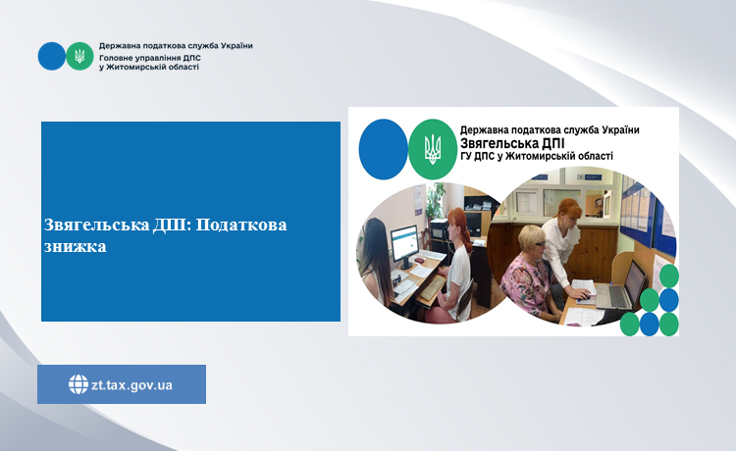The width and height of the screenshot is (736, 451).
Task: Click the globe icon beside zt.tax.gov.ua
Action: pos(78,384)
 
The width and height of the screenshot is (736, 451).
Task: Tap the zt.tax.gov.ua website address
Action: pos(131,385)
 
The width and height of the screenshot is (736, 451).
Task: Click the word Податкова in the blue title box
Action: pos(241,225)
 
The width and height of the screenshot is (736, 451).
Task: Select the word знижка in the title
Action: pos(76,246)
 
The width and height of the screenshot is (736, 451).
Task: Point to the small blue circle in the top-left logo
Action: pos(52,56)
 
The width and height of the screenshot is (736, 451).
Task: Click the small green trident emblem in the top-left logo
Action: pos(79,56)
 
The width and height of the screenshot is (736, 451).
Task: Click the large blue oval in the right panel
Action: pos(384,149)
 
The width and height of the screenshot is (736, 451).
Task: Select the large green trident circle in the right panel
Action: pos(433,149)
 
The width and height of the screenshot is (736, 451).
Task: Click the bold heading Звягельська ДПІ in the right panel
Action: pos(512,143)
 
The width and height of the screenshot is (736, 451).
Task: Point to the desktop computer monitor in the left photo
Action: pos(404,245)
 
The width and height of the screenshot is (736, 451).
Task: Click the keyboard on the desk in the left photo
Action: pos(433,288)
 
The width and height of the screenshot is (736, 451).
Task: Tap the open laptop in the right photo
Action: pos(621,288)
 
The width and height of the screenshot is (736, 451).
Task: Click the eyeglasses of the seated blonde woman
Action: pos(539,244)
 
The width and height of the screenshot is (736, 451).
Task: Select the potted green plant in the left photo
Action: pos(436,198)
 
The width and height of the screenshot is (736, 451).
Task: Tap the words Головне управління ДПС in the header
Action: pos(150,58)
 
